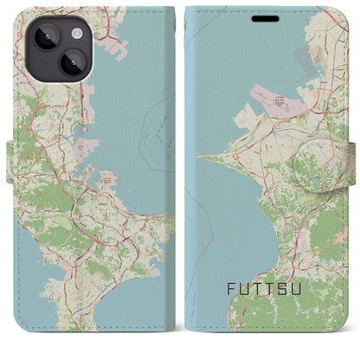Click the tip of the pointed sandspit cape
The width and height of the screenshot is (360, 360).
(x=199, y=157)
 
